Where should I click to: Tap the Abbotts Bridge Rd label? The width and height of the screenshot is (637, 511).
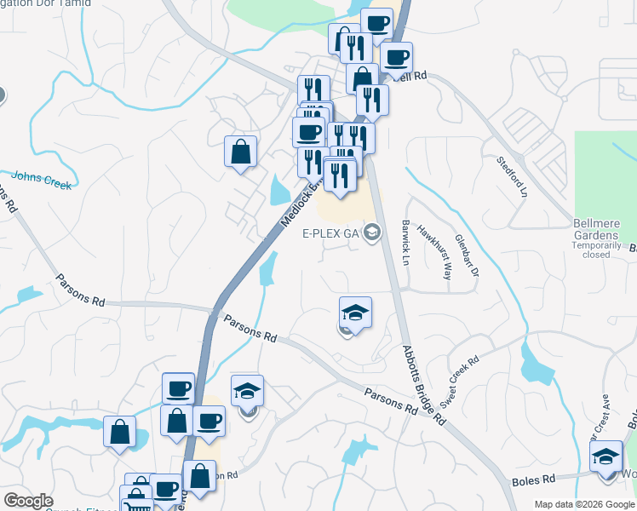coord(423,384)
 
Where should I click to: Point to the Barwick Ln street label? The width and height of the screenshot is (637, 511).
coord(405,241)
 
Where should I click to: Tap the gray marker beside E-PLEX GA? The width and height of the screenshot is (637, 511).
coord(372,232)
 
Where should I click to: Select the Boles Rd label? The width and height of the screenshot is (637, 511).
coord(534,481)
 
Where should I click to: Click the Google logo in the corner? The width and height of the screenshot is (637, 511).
coord(28,501)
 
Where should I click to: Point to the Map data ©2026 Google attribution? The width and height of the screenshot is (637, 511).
coord(584,504)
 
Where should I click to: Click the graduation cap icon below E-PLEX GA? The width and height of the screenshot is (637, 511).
coord(355,312)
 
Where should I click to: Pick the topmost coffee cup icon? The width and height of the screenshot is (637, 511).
coord(376,23)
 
